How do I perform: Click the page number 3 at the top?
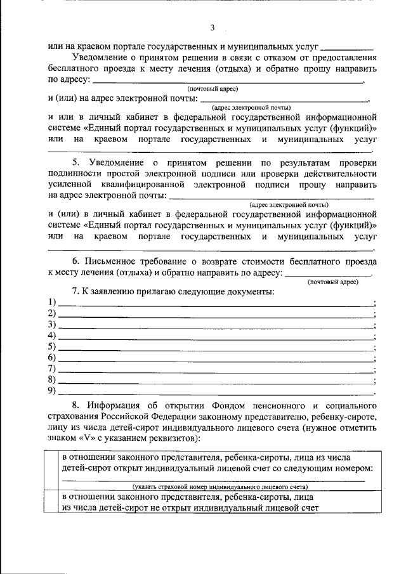[x=213, y=27]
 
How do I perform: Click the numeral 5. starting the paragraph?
[x=75, y=163]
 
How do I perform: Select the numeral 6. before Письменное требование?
[x=75, y=261]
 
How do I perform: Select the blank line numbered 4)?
[x=216, y=336]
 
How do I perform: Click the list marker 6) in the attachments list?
[x=52, y=358]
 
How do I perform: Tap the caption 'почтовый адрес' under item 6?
[x=332, y=282]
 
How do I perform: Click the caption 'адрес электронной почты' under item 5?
[x=289, y=204]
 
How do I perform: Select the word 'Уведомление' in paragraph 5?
[x=117, y=163]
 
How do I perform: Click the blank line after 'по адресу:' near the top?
[x=228, y=82]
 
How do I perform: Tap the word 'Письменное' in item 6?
[x=109, y=261]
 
